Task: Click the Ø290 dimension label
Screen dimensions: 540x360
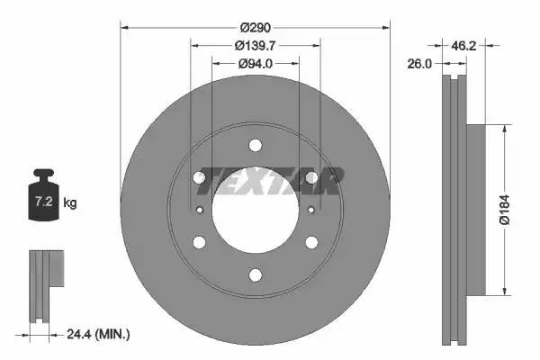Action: [256, 28]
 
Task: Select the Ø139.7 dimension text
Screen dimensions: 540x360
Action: [256, 46]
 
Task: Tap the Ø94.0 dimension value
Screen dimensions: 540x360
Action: [256, 64]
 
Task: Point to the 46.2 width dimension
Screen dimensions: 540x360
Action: [463, 46]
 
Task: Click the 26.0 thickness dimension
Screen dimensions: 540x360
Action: [419, 64]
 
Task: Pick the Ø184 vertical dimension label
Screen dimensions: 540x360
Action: [504, 210]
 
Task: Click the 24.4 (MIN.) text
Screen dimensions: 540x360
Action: [98, 334]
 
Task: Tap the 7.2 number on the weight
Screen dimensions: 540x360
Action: [44, 202]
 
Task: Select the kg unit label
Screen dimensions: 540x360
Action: [70, 202]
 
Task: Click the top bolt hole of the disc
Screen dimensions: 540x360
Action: [256, 145]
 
